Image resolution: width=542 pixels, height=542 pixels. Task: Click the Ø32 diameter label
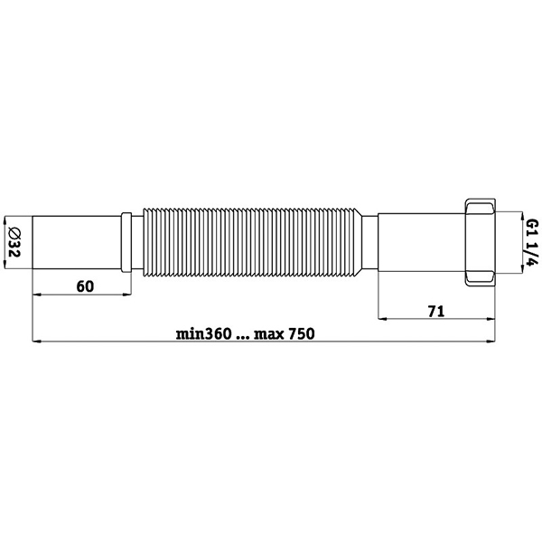[x=14, y=242]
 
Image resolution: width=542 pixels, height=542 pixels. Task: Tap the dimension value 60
[x=85, y=286]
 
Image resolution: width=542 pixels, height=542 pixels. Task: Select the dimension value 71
[x=436, y=312]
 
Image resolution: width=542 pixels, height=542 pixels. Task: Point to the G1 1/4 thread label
[x=532, y=242]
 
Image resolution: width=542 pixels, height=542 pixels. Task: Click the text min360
[x=203, y=334]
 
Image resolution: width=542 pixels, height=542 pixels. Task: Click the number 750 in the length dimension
[x=302, y=334]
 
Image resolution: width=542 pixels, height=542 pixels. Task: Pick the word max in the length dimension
[x=269, y=334]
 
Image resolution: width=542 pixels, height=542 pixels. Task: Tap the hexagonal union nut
[x=481, y=242]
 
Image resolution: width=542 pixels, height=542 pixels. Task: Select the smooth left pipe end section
[x=77, y=242]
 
